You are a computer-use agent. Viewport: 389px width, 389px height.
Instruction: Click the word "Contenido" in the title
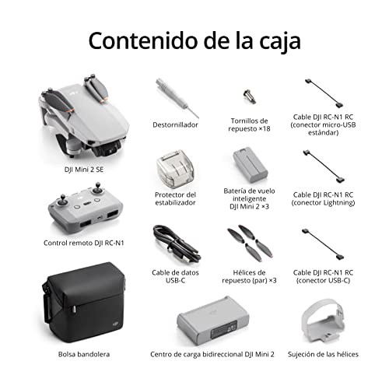[142, 40]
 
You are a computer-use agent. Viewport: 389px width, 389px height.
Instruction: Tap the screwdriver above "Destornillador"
[177, 98]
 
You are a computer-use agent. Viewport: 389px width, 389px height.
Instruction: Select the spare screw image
[250, 96]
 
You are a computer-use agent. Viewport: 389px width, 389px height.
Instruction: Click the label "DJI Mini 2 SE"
[84, 170]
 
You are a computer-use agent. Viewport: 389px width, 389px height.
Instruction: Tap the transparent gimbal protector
[175, 166]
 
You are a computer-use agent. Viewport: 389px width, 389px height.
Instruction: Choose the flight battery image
[250, 164]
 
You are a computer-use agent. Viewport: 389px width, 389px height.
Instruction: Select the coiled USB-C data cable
[177, 244]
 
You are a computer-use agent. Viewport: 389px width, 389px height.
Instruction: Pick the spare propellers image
[250, 243]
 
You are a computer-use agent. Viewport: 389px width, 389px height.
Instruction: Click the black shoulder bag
[84, 302]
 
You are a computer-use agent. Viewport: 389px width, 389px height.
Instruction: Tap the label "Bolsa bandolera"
[84, 354]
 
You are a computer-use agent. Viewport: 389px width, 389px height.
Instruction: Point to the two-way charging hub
[212, 321]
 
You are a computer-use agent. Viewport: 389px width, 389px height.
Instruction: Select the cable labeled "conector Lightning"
[324, 166]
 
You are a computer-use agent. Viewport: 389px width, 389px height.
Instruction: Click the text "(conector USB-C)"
[323, 281]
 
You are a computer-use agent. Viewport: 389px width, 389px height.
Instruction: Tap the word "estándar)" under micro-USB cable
[323, 133]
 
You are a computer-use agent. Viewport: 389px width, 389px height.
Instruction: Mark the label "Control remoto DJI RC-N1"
[84, 243]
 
